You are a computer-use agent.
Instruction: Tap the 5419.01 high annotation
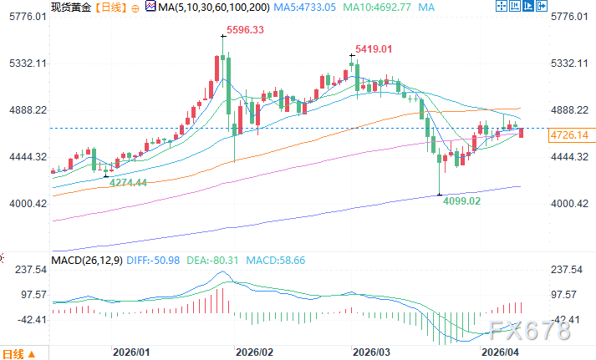[373, 49]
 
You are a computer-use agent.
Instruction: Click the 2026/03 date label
[366, 352]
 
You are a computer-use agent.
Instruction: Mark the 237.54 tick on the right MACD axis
[568, 270]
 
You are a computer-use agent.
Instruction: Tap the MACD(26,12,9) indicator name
[86, 261]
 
